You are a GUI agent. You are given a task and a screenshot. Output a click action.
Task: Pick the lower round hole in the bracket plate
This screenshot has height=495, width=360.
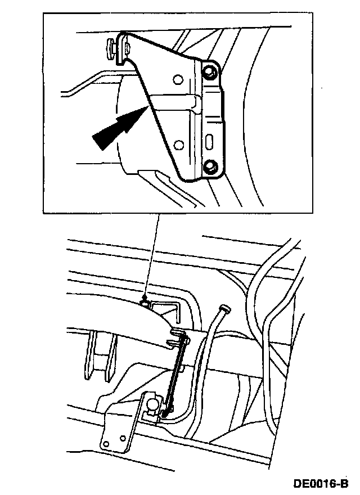(x=178, y=146)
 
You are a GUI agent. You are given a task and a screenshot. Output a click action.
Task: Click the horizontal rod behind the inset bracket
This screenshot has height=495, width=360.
(x=172, y=101)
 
